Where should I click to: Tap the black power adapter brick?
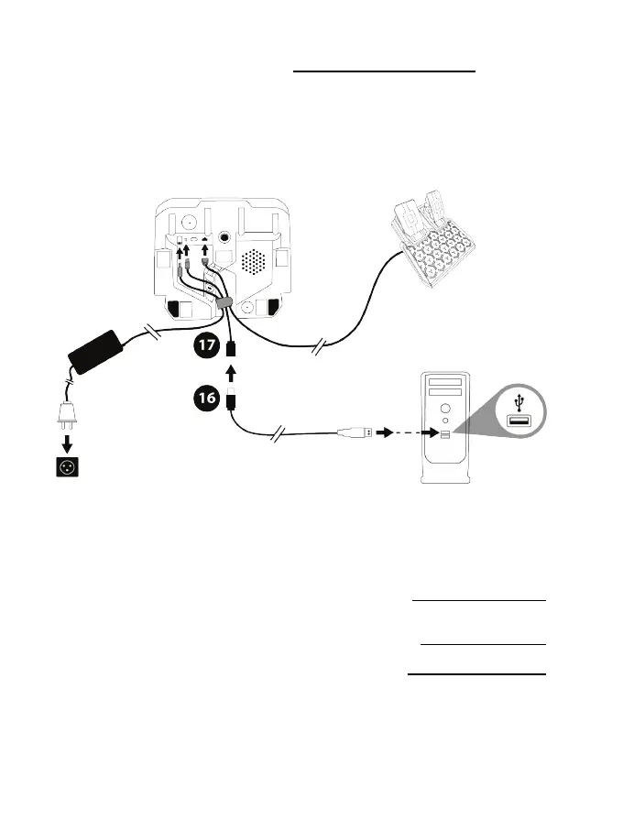point(98,352)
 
